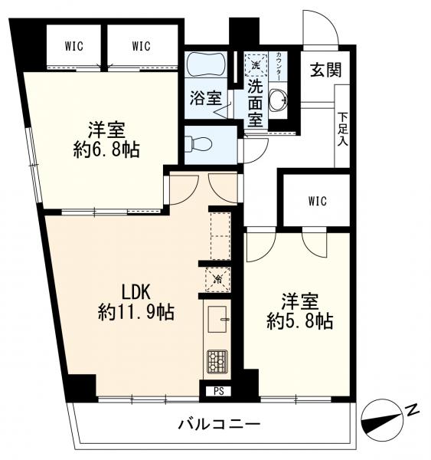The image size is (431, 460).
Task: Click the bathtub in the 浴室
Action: click(x=207, y=64)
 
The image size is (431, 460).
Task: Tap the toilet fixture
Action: click(x=199, y=144)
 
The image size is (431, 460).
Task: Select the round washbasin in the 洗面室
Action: click(x=279, y=100)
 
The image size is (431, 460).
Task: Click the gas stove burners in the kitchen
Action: click(x=217, y=361)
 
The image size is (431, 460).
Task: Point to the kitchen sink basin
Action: click(x=217, y=319)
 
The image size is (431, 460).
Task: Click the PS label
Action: click(x=219, y=391)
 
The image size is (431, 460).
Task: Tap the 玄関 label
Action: click(x=326, y=70)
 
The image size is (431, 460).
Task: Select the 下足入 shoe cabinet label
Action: click(x=342, y=130)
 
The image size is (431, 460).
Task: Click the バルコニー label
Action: click(x=220, y=424)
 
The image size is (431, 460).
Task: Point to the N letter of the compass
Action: click(x=413, y=410)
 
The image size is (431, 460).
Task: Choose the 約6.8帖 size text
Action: click(x=107, y=150)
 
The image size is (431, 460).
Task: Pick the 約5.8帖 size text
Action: click(x=300, y=321)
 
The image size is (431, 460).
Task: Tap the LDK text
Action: click(x=136, y=292)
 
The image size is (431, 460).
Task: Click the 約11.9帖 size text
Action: click(x=136, y=312)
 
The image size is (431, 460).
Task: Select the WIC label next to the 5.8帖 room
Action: click(x=317, y=201)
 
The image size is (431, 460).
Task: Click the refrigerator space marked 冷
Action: click(x=218, y=279)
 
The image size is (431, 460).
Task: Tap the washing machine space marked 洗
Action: click(x=256, y=65)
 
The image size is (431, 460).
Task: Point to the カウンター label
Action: click(x=279, y=66)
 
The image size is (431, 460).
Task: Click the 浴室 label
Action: click(x=206, y=98)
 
